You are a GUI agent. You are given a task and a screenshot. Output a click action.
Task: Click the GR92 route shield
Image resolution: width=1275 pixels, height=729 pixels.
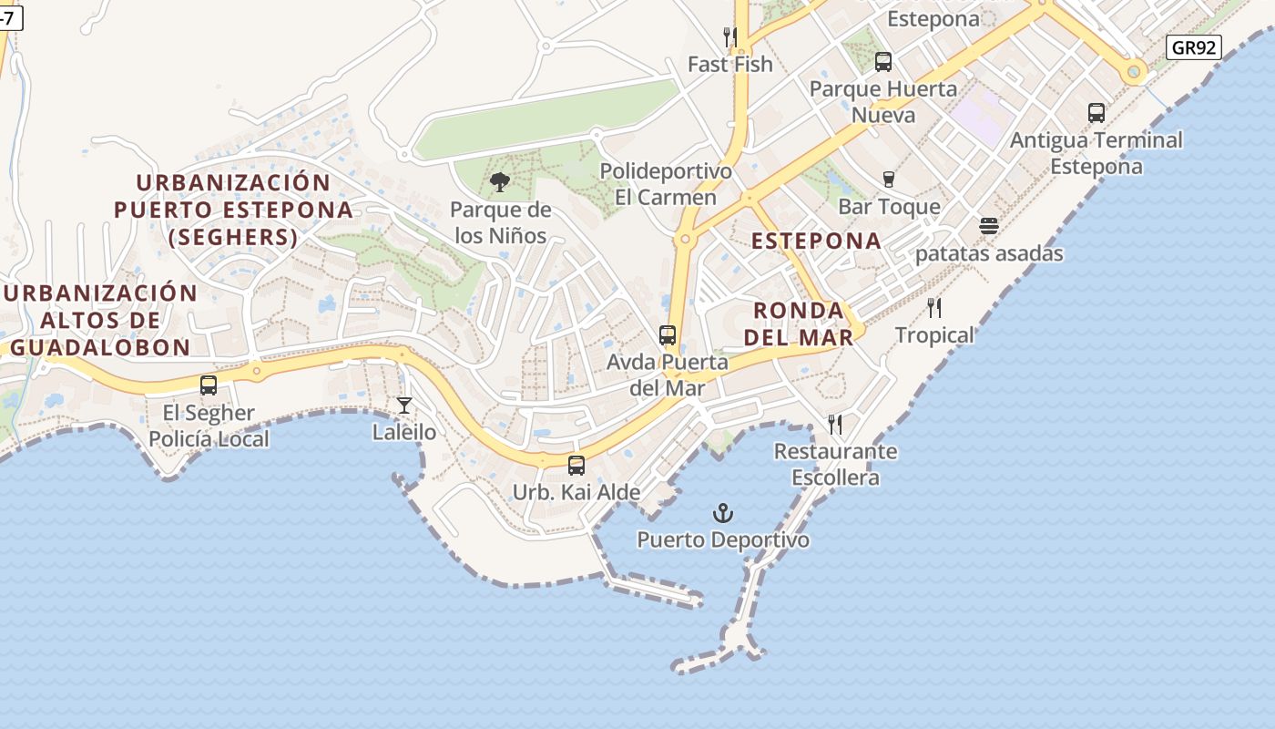tap(1193, 47)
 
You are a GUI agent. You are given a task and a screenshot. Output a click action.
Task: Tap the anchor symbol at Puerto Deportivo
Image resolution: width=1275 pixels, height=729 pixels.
tap(723, 513)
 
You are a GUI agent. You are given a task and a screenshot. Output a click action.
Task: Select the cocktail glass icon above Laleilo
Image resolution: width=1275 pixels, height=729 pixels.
tap(404, 406)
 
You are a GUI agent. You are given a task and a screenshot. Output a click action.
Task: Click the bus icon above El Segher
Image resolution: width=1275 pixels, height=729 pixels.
tap(209, 385)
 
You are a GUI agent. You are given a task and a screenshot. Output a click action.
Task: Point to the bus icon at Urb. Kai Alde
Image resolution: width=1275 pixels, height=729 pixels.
tap(576, 466)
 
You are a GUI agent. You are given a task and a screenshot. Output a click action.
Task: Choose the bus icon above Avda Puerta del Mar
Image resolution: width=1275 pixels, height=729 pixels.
tap(668, 335)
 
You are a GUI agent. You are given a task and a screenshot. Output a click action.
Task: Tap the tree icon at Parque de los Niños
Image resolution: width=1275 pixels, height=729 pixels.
tap(499, 182)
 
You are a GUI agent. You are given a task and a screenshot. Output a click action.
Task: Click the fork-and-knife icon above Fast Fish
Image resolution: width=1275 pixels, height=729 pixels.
tap(730, 37)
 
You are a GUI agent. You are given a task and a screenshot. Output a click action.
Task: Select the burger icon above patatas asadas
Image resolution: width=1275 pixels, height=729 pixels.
tap(989, 226)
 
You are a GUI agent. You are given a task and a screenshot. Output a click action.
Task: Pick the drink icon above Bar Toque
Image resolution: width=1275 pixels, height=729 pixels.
tap(889, 180)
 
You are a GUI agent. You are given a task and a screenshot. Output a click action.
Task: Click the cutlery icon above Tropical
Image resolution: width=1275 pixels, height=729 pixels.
tap(933, 308)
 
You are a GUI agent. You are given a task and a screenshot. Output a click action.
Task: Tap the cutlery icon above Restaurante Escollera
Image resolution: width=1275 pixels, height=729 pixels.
tap(835, 424)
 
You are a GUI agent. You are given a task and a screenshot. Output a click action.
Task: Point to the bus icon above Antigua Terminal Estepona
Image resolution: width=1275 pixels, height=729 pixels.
tap(1096, 113)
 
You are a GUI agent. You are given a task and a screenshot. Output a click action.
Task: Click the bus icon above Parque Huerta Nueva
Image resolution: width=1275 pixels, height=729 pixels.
tap(882, 62)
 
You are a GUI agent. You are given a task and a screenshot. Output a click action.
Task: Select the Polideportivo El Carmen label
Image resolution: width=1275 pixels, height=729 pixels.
tap(666, 184)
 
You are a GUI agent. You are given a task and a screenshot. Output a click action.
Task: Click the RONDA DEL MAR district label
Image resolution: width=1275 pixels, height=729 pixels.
tap(799, 323)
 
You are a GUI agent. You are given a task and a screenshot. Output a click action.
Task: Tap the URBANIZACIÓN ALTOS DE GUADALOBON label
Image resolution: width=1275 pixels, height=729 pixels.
tap(100, 320)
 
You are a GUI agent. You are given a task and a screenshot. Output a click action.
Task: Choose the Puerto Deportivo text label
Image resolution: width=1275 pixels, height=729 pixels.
tap(723, 540)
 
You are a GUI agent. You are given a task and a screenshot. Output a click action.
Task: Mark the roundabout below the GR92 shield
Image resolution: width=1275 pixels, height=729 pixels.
tap(1134, 71)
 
